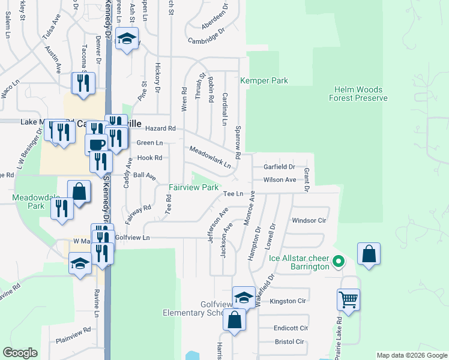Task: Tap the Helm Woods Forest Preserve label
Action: point(359,94)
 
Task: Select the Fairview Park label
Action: point(193,187)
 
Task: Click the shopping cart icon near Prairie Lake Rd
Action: point(348,299)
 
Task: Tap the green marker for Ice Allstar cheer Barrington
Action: point(338,262)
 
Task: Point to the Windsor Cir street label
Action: point(309,220)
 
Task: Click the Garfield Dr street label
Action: point(280,167)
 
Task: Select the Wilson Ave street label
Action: point(280,179)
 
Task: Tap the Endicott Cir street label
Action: point(291,328)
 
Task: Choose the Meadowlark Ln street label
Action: point(210,157)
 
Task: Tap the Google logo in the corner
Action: point(20,353)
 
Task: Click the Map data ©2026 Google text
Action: point(411,355)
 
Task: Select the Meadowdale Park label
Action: point(28,201)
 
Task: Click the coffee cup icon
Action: point(96,144)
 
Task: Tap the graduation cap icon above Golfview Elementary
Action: point(244,296)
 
